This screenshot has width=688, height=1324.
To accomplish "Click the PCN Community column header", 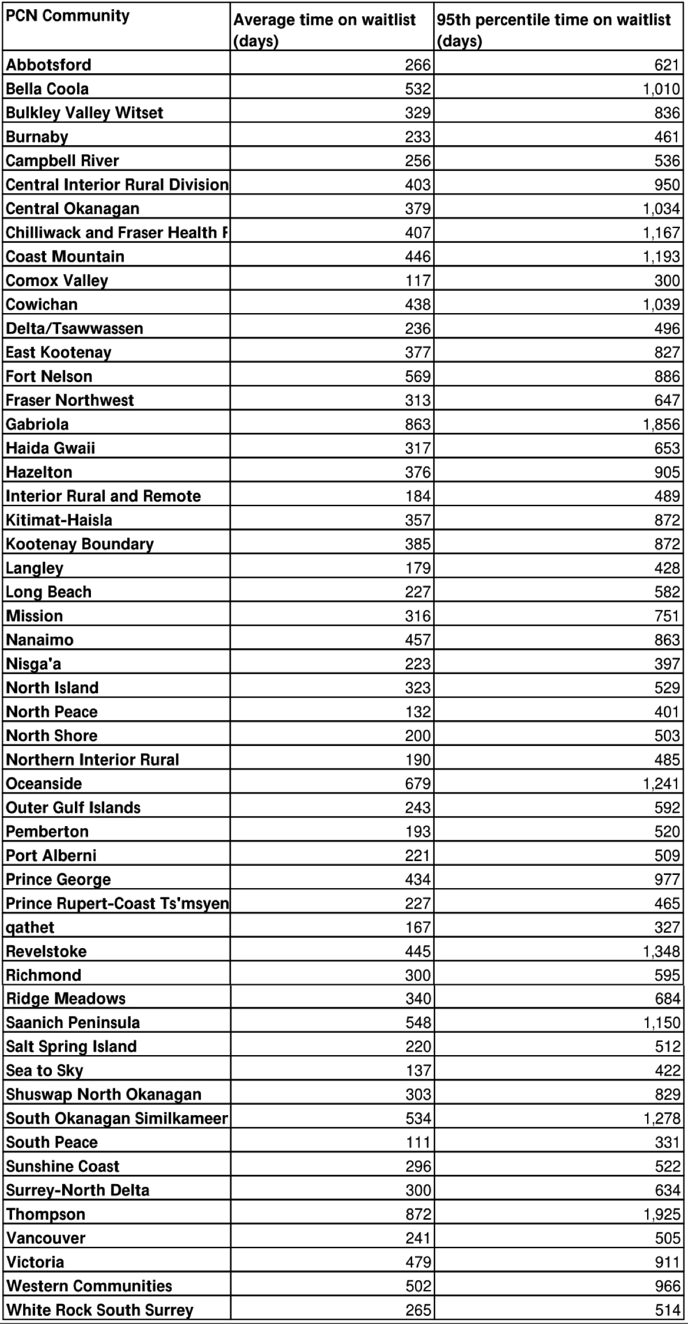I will point(68,16).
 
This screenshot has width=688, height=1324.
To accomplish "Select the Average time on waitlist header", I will point(324,30).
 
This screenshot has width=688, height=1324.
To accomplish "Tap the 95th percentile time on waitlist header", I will point(553,30).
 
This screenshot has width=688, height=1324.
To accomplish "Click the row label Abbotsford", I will point(49,64).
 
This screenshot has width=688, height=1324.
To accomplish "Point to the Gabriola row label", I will point(37,424).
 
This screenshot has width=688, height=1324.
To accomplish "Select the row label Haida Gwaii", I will point(51,448).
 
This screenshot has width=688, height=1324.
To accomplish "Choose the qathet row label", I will point(30,927).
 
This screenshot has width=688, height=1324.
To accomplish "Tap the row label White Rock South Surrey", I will point(100,1310).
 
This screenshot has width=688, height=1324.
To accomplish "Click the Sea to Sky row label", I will point(45,1071).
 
